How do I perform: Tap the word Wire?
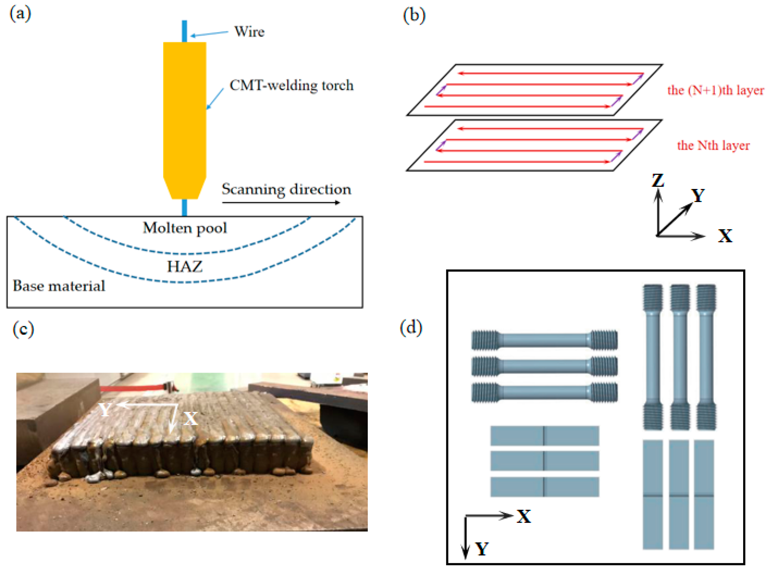pyautogui.click(x=249, y=32)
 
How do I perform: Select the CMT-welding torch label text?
pyautogui.click(x=292, y=85)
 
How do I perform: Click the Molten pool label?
pyautogui.click(x=185, y=228)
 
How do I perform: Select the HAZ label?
pyautogui.click(x=185, y=266)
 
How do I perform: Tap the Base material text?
pyautogui.click(x=59, y=286)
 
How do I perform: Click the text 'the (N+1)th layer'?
pyautogui.click(x=715, y=90)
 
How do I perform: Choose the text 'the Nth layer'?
pyautogui.click(x=713, y=145)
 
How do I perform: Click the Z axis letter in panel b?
pyautogui.click(x=658, y=180)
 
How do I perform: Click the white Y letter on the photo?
pyautogui.click(x=105, y=410)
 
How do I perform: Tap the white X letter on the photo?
pyautogui.click(x=190, y=419)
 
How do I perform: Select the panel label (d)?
pyautogui.click(x=411, y=328)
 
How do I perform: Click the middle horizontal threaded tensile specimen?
pyautogui.click(x=544, y=366)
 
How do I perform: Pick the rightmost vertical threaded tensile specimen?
pyautogui.click(x=706, y=357)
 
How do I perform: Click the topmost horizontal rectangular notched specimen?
pyautogui.click(x=544, y=436)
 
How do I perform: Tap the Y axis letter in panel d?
pyautogui.click(x=482, y=548)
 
